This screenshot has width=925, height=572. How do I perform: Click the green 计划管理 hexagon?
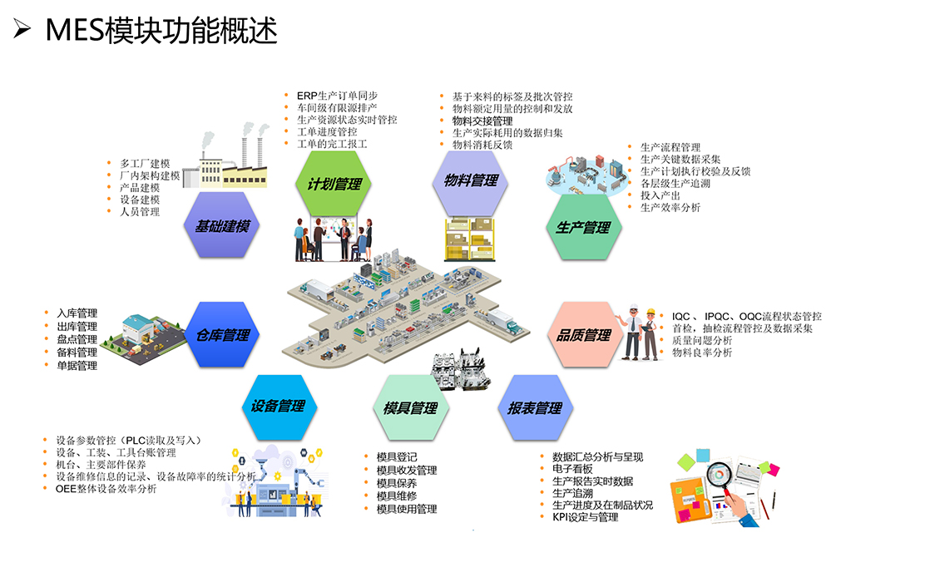click(x=334, y=184)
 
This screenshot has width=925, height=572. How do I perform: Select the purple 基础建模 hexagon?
click(x=222, y=225)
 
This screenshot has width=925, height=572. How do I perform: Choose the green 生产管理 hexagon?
click(x=583, y=227)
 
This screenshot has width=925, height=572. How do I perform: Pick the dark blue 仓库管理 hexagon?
click(x=222, y=334)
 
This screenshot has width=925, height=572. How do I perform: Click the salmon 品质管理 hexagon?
click(x=583, y=334)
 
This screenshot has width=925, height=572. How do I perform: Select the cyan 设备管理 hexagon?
click(x=279, y=407)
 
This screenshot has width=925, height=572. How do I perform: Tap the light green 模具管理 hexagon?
click(x=411, y=407)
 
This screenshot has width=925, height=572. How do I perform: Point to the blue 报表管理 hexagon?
click(x=535, y=407)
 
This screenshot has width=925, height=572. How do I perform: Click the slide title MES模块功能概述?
click(x=161, y=30)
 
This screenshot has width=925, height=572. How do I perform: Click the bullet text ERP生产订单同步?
click(x=337, y=96)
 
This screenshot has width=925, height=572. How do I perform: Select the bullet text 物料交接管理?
click(x=482, y=121)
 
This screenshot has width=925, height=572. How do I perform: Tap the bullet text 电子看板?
click(x=572, y=469)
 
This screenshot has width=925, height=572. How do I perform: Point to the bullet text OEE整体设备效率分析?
click(x=106, y=488)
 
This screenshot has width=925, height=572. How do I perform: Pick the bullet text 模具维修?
click(x=397, y=496)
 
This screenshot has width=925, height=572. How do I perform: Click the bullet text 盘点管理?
click(x=77, y=339)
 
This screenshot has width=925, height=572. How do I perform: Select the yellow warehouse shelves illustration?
click(x=469, y=239)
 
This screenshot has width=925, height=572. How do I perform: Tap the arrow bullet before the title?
click(x=22, y=28)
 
